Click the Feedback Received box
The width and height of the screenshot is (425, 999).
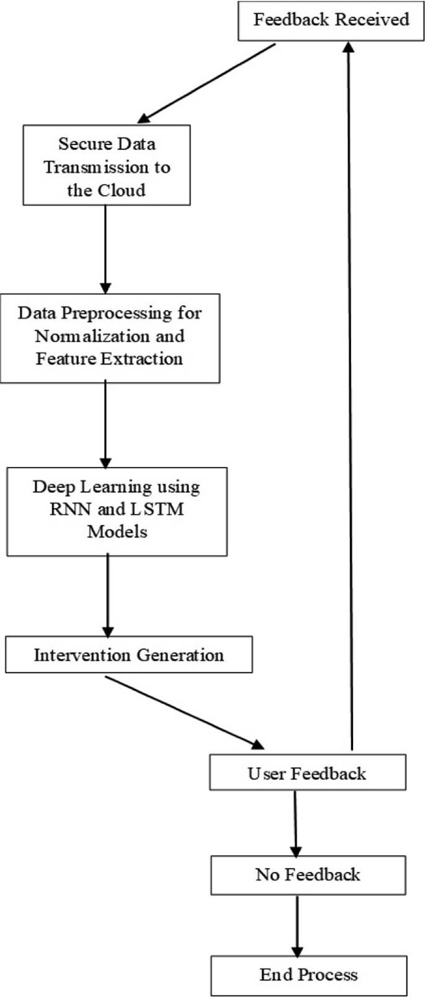[331, 20]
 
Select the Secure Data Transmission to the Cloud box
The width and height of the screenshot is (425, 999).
[106, 166]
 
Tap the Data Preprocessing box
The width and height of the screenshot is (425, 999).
[109, 338]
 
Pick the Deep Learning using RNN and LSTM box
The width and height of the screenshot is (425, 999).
[117, 511]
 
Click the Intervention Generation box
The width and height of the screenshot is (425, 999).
[128, 655]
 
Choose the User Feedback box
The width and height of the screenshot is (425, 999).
[307, 773]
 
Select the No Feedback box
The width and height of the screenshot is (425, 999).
[308, 875]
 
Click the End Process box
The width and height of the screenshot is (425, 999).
[308, 975]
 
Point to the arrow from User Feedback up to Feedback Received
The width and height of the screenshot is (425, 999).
[351, 397]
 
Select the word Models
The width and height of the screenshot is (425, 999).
[117, 532]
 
